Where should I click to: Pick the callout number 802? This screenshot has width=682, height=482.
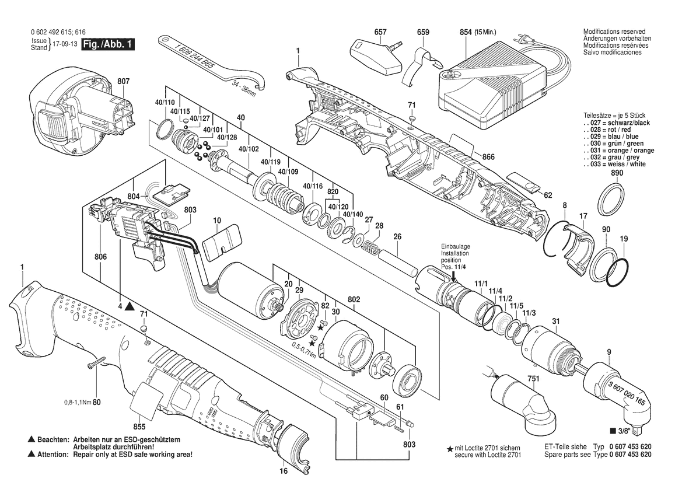click(x=354, y=299)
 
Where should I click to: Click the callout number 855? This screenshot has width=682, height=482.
click(x=139, y=427)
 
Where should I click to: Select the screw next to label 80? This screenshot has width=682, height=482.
click(x=99, y=366)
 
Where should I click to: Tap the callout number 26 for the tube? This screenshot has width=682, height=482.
click(x=397, y=237)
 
